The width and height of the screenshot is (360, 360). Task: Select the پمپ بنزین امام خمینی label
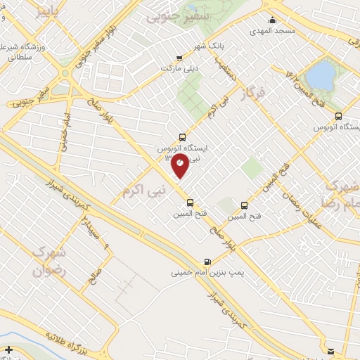click(205, 271)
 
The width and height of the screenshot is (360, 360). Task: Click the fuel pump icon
click(207, 259)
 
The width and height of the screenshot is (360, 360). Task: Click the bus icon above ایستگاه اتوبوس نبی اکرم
click(183, 138)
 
